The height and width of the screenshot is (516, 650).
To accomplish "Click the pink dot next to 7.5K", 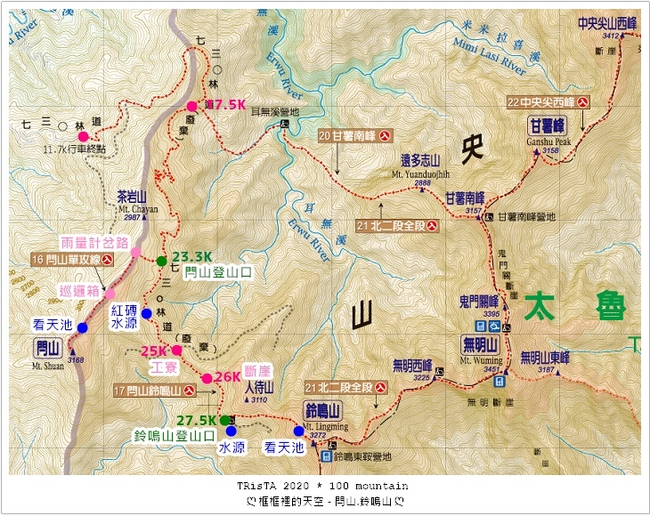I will point(191,106).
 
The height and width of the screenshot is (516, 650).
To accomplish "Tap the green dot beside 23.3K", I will point(160,261).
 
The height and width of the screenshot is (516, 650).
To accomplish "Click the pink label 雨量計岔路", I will point(95,242).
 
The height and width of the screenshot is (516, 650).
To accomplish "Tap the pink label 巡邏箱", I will point(79,290).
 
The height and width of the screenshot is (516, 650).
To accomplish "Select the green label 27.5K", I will point(196,420).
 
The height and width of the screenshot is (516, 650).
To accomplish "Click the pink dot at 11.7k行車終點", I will point(83,137).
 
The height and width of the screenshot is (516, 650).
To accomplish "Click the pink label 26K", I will point(228,377).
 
